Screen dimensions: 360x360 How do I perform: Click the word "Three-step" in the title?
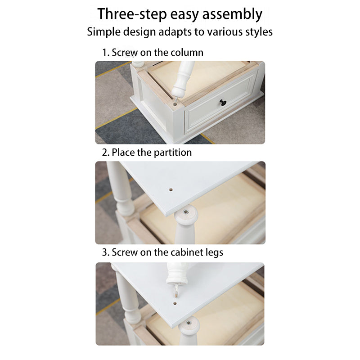[132, 14]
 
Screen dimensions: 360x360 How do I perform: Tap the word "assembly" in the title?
[232, 15]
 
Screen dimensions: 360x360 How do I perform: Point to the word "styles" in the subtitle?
[259, 31]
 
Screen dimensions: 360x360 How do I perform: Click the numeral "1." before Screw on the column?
[106, 53]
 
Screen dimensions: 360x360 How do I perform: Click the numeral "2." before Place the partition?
[106, 153]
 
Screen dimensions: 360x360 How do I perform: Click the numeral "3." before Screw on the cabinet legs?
[106, 252]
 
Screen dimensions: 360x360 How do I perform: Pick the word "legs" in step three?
[214, 253]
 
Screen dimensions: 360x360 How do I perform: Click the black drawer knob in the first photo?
[222, 104]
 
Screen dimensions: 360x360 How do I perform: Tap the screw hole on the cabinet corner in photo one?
[175, 104]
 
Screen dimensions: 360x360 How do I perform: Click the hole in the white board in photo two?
[171, 190]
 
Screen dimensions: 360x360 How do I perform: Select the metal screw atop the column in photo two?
[185, 211]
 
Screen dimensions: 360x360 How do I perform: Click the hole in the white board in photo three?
[175, 303]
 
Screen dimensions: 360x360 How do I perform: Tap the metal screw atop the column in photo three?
[189, 323]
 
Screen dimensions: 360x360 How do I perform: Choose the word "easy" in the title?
[184, 15]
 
